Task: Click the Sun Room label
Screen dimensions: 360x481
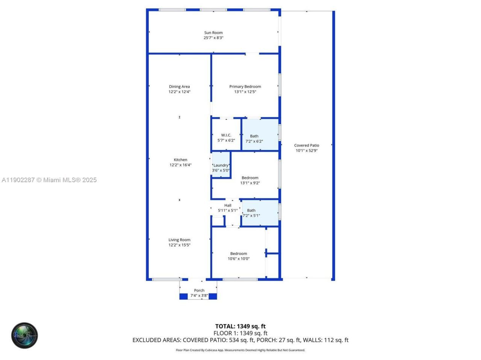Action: (213, 33)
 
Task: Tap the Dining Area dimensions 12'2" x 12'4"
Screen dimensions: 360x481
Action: (179, 92)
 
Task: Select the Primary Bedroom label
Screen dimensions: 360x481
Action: (245, 87)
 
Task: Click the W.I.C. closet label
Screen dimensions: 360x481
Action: (226, 135)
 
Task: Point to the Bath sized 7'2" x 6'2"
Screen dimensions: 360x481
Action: (254, 139)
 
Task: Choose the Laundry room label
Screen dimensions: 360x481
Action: (221, 165)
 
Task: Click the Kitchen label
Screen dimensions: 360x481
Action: (180, 160)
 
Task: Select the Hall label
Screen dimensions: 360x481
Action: (228, 205)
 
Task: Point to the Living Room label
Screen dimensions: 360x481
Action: (179, 240)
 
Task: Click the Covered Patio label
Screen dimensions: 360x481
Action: (307, 145)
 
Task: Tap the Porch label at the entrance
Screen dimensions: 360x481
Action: (199, 290)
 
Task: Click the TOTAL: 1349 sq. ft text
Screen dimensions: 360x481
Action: (240, 326)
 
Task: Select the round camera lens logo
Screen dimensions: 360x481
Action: (24, 335)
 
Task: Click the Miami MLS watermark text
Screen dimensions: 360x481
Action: (49, 180)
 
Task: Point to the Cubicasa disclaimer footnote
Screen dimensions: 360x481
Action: (240, 350)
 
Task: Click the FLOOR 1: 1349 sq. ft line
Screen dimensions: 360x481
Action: (240, 333)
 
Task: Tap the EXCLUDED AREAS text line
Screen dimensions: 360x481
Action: (240, 340)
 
